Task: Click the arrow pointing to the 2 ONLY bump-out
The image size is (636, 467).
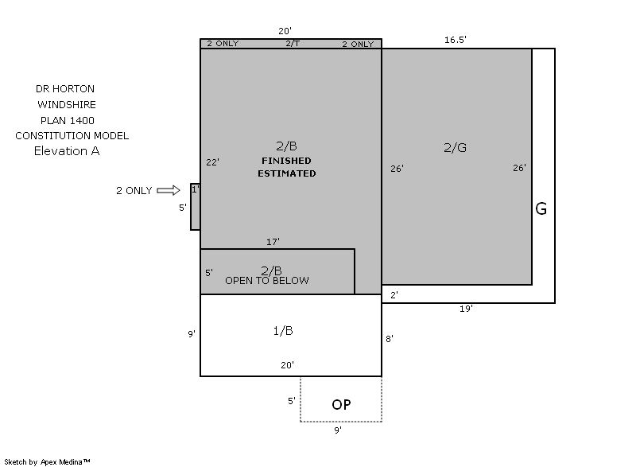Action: (x=169, y=190)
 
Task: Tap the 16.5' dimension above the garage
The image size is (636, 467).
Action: (x=455, y=40)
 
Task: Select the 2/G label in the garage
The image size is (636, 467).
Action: (x=455, y=147)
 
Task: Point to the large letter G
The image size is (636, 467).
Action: (x=541, y=209)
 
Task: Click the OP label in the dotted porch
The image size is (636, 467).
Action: (x=341, y=404)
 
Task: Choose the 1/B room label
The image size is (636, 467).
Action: (x=283, y=331)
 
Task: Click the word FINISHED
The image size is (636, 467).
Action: (x=286, y=161)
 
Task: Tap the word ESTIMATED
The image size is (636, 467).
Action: (x=287, y=173)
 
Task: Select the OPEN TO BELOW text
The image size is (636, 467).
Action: (x=267, y=280)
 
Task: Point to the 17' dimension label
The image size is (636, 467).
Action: (x=273, y=242)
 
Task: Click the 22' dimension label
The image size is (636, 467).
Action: (x=212, y=162)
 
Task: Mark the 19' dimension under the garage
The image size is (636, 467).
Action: (x=466, y=309)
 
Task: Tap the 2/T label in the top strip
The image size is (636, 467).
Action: (x=293, y=44)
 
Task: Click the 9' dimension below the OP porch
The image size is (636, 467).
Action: (x=338, y=430)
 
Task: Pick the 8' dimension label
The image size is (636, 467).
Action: (x=390, y=338)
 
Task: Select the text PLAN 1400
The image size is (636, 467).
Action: (x=68, y=120)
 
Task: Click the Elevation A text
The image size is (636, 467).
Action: (x=67, y=151)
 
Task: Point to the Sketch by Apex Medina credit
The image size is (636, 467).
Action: (x=47, y=461)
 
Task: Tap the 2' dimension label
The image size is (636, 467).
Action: (x=394, y=295)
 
